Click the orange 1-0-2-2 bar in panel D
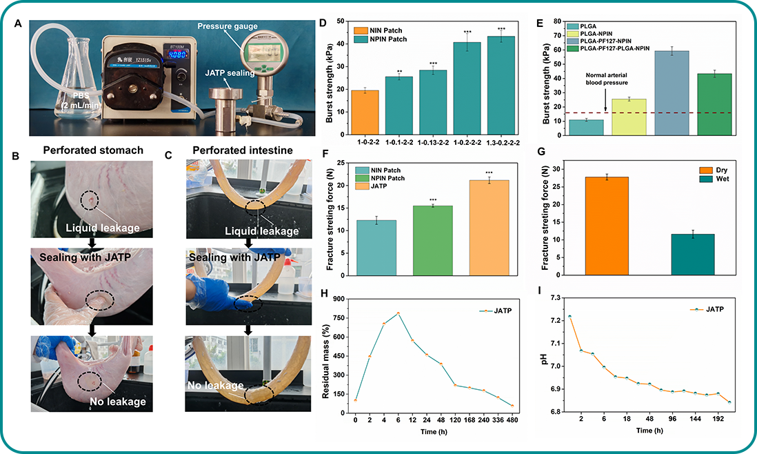click(365, 114)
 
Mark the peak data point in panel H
click(398, 314)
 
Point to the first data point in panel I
click(569, 317)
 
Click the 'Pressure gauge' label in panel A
click(227, 27)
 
